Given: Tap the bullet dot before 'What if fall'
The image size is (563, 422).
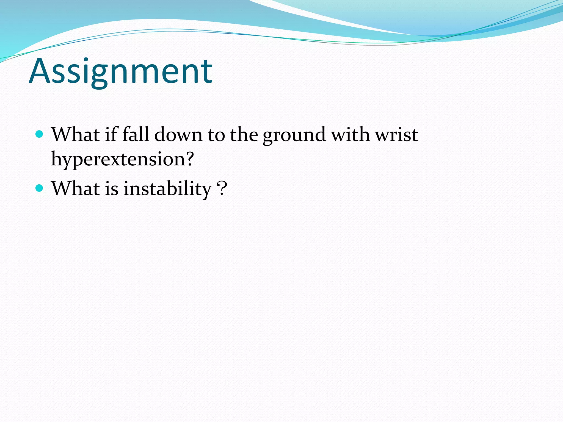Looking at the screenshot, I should [40, 134].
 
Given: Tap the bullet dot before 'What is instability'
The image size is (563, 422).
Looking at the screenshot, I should [40, 188].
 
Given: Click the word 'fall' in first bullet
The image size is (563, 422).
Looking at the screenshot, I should [136, 134].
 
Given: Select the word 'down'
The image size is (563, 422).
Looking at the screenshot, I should [178, 135].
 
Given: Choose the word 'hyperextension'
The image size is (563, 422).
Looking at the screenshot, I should [118, 159].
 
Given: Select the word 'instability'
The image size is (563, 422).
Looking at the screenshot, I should [167, 189].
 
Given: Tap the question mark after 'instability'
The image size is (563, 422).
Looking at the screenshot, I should [222, 188].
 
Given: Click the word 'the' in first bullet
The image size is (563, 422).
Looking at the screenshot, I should [244, 134].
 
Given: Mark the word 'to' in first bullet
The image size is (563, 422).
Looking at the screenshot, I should [216, 135].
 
